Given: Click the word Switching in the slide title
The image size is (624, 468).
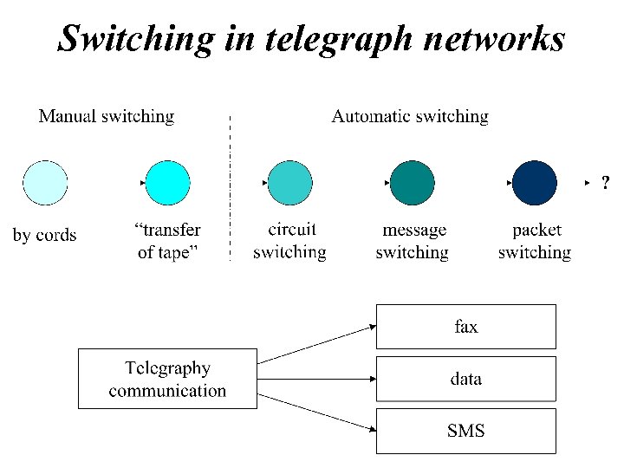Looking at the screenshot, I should click(x=135, y=38).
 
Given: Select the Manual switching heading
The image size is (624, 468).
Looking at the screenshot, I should click(x=107, y=116).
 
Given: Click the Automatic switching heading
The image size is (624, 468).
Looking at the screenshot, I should click(x=410, y=116).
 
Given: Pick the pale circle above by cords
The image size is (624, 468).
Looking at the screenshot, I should click(x=44, y=183).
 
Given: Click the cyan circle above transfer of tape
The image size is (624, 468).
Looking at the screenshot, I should click(x=167, y=183).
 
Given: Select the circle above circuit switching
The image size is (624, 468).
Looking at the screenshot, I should click(x=289, y=183).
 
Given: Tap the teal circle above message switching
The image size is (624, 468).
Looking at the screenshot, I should click(x=413, y=183).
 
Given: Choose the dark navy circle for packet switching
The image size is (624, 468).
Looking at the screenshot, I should click(x=535, y=183).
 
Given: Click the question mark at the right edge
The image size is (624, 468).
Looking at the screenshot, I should click(x=605, y=183).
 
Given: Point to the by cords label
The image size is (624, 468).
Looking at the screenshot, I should click(x=44, y=236).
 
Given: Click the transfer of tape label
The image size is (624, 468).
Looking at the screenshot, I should click(x=168, y=242).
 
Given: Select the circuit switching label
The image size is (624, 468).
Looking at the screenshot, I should click(x=289, y=242).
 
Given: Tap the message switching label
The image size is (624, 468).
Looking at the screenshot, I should click(x=413, y=242).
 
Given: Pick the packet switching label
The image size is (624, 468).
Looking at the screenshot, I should click(x=535, y=242).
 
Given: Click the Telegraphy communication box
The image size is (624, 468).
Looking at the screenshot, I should click(x=167, y=379).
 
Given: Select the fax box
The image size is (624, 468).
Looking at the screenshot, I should click(x=465, y=327).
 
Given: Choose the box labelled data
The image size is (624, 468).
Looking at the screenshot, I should click(x=465, y=379).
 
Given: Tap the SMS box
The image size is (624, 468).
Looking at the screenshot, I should click(x=465, y=431).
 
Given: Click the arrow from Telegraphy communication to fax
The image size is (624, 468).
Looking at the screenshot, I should click(x=317, y=344).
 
